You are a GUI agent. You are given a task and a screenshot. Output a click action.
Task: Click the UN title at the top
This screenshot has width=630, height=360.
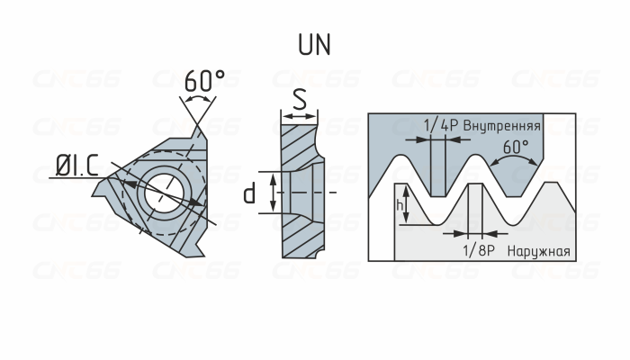pos(314,45)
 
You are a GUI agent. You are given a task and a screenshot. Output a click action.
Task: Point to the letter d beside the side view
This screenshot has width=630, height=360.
pos(251,192)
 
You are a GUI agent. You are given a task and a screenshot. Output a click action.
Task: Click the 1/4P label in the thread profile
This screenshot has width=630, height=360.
pos(440,125)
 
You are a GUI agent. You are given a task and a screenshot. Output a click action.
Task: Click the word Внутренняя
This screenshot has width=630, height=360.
pos(502,125)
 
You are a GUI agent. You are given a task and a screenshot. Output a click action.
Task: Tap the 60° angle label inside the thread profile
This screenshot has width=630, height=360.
pos(515,145)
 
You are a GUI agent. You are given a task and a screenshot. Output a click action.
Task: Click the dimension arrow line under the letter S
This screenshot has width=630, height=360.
pos(300,116)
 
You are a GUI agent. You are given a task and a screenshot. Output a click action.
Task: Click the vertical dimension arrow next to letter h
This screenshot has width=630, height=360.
pos(408,205)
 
